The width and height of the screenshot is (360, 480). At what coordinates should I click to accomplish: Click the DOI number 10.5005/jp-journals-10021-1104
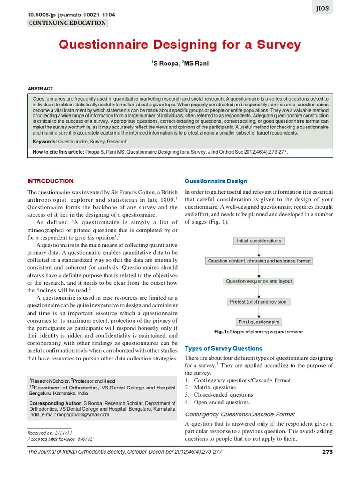click(71, 15)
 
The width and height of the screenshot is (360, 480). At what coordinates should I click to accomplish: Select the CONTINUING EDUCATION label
click(67, 23)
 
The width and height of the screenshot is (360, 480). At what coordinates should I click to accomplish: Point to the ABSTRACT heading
click(41, 88)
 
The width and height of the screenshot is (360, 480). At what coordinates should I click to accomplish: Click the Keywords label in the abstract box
click(44, 141)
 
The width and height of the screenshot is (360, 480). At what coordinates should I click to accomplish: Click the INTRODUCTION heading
click(50, 181)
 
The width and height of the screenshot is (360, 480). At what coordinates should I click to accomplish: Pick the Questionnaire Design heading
click(216, 181)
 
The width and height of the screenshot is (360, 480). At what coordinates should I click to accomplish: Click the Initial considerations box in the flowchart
click(259, 241)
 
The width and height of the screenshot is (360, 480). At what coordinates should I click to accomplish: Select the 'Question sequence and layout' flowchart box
click(259, 281)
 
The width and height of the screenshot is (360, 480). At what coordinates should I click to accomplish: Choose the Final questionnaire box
click(259, 322)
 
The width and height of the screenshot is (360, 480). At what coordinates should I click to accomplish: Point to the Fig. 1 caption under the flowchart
click(259, 332)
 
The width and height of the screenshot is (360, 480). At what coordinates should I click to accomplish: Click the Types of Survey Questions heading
click(224, 348)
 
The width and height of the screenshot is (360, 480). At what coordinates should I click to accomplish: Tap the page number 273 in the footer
click(328, 452)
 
